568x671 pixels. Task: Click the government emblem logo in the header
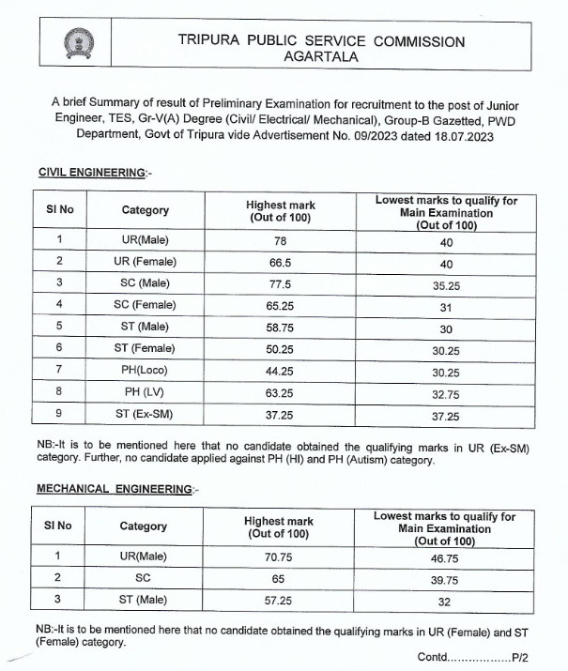[x=74, y=42]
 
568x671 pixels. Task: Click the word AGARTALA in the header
[x=321, y=56]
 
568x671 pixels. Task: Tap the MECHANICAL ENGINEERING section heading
[x=115, y=490]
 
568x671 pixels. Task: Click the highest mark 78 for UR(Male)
[x=280, y=239]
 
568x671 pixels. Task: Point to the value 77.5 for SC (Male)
[x=280, y=282]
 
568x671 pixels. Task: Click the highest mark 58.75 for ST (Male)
[x=280, y=326]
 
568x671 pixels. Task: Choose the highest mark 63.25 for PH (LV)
[x=280, y=391]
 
